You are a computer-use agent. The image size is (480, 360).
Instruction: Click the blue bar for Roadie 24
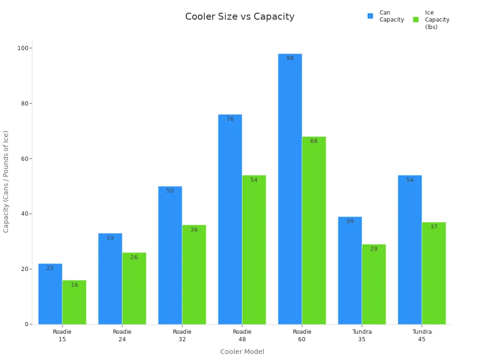pos(110,281)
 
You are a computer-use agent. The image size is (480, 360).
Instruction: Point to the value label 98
pos(290,58)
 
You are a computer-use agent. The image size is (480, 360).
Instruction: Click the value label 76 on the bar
pos(230,119)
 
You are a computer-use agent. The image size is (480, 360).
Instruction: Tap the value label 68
pos(314,141)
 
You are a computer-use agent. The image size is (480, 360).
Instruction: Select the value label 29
pos(374,249)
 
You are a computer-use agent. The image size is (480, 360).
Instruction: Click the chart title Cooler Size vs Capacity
pos(240,17)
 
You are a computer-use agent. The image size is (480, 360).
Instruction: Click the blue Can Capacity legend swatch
pos(370,16)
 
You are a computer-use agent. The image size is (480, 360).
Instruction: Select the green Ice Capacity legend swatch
pos(416,20)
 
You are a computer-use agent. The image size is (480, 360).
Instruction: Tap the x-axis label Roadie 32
pos(182,335)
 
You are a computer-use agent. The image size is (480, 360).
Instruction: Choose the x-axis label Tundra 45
pos(422,335)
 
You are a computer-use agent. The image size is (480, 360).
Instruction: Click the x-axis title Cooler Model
pos(242,352)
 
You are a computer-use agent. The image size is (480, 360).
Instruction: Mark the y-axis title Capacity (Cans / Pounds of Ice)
pos(6,181)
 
